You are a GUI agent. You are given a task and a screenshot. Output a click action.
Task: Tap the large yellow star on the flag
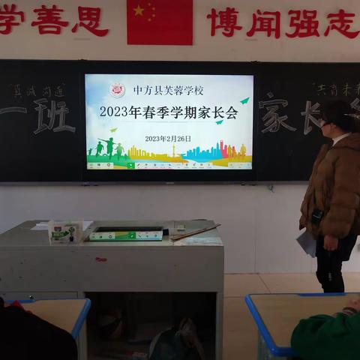139,10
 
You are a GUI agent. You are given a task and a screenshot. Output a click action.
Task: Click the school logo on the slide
117,90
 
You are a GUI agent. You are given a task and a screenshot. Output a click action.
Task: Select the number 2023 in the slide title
115,112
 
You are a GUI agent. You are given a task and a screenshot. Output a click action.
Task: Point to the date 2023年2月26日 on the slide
168,139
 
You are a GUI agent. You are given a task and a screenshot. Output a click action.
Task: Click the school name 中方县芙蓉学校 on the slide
168,90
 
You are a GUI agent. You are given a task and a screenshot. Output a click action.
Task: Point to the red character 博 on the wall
224,22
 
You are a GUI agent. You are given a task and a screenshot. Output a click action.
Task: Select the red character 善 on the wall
49,20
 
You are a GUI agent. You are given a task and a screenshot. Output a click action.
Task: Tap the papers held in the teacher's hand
306,242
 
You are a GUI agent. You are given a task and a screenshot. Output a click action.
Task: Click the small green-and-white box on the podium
64,232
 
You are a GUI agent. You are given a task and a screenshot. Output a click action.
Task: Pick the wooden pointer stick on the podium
195,232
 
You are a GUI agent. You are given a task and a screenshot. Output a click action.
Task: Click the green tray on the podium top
125,234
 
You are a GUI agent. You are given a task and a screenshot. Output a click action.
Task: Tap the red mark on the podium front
100,259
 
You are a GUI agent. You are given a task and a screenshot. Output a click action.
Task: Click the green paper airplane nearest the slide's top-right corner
244,100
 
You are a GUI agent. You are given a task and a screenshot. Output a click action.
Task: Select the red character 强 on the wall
302,23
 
